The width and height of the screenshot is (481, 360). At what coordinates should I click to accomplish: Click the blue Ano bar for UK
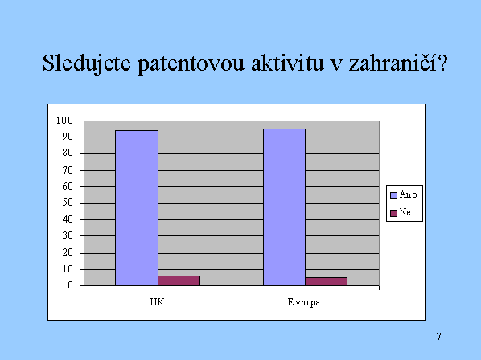pyautogui.click(x=137, y=208)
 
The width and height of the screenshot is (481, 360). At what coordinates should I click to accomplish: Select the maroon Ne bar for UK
pyautogui.click(x=179, y=280)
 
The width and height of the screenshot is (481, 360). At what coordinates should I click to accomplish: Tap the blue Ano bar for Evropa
pyautogui.click(x=285, y=207)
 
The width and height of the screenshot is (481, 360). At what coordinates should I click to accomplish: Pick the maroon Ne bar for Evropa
pyautogui.click(x=327, y=281)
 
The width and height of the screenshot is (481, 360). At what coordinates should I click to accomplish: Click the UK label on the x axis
pyautogui.click(x=157, y=302)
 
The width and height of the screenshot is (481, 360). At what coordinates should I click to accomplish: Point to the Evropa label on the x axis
pyautogui.click(x=304, y=303)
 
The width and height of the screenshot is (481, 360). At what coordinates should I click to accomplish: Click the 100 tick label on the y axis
pyautogui.click(x=64, y=121)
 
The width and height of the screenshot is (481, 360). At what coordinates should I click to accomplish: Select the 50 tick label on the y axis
pyautogui.click(x=68, y=202)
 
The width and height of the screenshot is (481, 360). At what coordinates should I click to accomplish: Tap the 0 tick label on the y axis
pyautogui.click(x=71, y=285)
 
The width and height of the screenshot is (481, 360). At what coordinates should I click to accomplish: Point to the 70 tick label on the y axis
pyautogui.click(x=68, y=170)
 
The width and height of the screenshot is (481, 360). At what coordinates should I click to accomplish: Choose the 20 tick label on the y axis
pyautogui.click(x=68, y=252)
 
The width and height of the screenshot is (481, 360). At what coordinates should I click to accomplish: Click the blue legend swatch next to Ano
pyautogui.click(x=393, y=195)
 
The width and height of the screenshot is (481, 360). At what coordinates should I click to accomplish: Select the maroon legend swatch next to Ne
pyautogui.click(x=393, y=213)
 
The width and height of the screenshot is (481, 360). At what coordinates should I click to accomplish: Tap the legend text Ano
pyautogui.click(x=409, y=194)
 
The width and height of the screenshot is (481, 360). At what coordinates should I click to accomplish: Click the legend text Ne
pyautogui.click(x=405, y=212)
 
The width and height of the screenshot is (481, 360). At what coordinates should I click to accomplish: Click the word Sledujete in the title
pyautogui.click(x=87, y=63)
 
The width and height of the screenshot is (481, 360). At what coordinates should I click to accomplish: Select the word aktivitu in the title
pyautogui.click(x=287, y=63)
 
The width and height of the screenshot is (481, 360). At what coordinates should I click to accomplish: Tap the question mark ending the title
pyautogui.click(x=443, y=63)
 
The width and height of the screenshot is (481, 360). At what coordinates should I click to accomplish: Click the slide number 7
pyautogui.click(x=439, y=337)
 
